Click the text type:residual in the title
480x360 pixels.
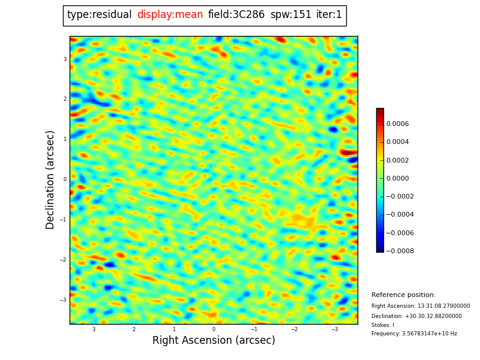click(99, 15)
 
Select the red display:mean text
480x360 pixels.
click(170, 15)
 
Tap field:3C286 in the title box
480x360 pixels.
click(236, 15)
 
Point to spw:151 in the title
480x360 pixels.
click(290, 15)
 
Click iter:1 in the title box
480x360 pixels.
click(329, 15)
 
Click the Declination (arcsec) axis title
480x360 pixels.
click(50, 179)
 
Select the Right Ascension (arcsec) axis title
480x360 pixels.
click(214, 341)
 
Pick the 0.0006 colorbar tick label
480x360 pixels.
click(397, 124)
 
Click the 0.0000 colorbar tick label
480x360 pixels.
click(397, 178)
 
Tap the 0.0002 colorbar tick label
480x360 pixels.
click(397, 160)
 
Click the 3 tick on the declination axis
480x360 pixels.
click(65, 59)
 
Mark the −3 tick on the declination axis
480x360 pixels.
click(64, 300)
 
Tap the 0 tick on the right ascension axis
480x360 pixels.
click(214, 329)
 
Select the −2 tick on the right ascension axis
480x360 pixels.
click(294, 329)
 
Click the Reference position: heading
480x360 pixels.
click(403, 295)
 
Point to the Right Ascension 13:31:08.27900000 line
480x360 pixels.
click(421, 306)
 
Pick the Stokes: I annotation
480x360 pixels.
click(383, 325)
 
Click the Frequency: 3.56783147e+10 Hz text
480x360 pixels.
click(414, 334)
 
